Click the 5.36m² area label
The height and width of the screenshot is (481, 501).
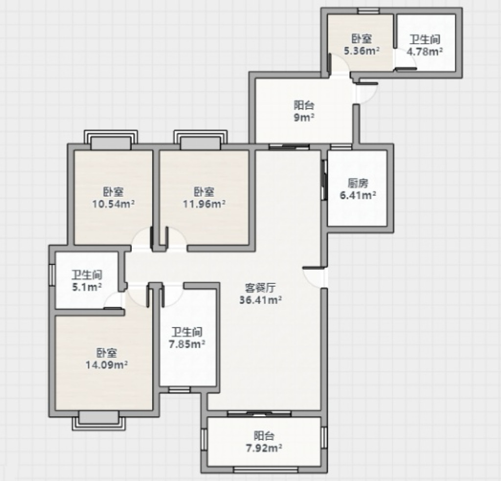pos(362,51)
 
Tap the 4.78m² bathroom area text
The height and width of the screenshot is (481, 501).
pos(425,51)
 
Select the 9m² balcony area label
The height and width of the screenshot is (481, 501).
pos(304,117)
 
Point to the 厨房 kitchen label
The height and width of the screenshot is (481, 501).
pos(358,183)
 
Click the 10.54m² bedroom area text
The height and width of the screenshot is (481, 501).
pos(114,204)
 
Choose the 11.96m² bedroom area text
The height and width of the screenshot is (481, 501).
pos(204,204)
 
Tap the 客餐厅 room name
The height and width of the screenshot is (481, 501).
pos(260,288)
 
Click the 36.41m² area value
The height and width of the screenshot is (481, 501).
pos(260,300)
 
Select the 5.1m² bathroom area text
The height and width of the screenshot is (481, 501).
pos(87,287)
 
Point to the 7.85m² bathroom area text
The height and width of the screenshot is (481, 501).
pos(187,344)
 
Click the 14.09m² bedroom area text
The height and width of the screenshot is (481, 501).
pos(107,365)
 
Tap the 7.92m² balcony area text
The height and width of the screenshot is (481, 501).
pos(264,448)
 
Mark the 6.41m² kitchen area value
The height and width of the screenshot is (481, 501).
pos(358,195)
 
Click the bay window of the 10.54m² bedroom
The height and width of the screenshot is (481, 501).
pos(111,139)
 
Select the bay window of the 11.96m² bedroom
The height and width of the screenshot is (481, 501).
pos(200,139)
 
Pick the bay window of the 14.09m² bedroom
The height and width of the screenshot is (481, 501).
pos(99,421)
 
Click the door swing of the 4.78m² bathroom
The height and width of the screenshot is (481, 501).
pos(406,59)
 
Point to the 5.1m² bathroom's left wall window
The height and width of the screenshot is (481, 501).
pos(52,275)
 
